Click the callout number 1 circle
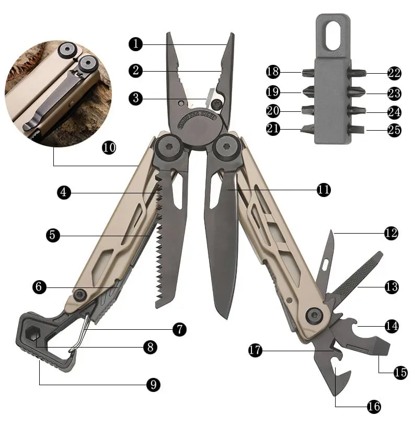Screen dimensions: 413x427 click(x=136, y=44)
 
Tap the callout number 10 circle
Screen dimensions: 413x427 click(x=109, y=147)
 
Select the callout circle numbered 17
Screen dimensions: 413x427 click(x=255, y=350)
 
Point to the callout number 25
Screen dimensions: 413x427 click(x=394, y=130)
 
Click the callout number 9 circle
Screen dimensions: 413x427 click(x=153, y=385)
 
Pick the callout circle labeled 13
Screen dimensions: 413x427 click(x=392, y=287)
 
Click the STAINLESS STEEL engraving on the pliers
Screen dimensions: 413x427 click(x=197, y=119)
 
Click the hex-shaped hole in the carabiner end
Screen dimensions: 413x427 click(x=33, y=334)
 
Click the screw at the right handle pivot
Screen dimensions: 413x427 click(x=227, y=147)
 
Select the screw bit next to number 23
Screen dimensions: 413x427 click(x=357, y=92)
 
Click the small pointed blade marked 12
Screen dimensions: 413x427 click(x=327, y=259)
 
